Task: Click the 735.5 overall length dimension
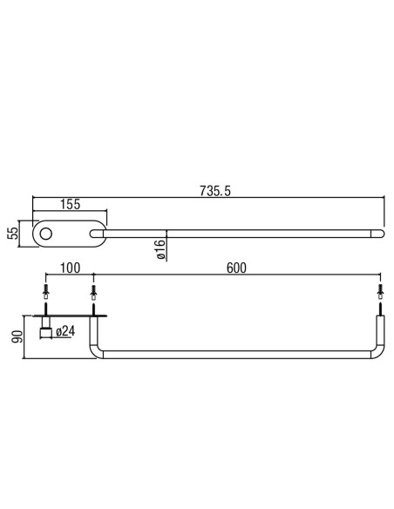[x=214, y=191]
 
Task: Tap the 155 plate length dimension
[x=70, y=204]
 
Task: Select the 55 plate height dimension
[x=13, y=233]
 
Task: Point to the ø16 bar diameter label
[x=160, y=249]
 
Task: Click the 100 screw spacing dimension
[x=70, y=268]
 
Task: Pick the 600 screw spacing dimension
[x=236, y=268]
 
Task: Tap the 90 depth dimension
[x=17, y=336]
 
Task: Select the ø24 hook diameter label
[x=65, y=331]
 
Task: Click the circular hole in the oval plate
[x=45, y=234]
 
